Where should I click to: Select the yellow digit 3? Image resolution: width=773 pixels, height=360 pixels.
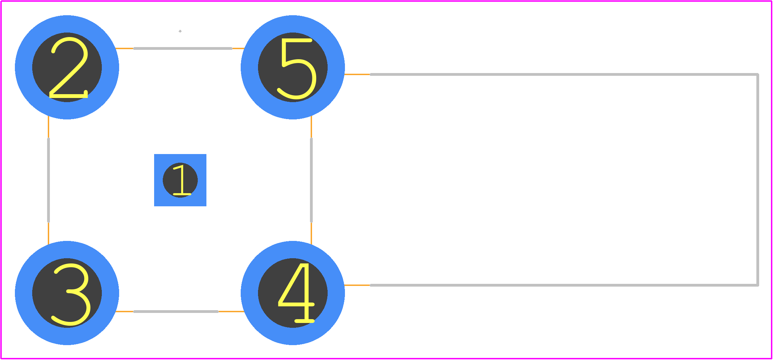[x=71, y=295]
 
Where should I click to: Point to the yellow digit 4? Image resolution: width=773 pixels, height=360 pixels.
[x=296, y=293]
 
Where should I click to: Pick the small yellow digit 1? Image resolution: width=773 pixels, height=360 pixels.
[x=181, y=180]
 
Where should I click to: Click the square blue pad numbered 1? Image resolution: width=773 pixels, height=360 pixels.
[x=180, y=180]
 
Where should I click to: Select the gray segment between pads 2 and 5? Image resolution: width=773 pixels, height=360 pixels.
[x=183, y=48]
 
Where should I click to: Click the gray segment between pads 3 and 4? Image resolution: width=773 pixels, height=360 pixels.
[x=176, y=312]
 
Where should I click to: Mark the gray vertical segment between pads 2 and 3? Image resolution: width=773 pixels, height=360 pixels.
[x=48, y=180]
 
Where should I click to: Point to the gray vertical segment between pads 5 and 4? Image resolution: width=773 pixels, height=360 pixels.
[x=311, y=180]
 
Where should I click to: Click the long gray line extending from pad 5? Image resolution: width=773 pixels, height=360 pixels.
[x=564, y=74]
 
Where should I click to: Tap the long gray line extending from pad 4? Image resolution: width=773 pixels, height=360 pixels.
[x=564, y=285]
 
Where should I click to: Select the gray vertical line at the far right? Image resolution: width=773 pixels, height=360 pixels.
[x=758, y=180]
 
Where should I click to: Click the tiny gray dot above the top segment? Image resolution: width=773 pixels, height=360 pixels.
[x=180, y=31]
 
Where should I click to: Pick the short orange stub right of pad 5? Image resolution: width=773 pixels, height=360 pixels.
[x=357, y=74]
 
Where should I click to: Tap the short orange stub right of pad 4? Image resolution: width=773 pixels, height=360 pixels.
[x=357, y=285]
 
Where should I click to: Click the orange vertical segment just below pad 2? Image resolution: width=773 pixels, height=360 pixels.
[x=48, y=127]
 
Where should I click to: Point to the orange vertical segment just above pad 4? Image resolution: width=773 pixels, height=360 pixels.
[x=311, y=234]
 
